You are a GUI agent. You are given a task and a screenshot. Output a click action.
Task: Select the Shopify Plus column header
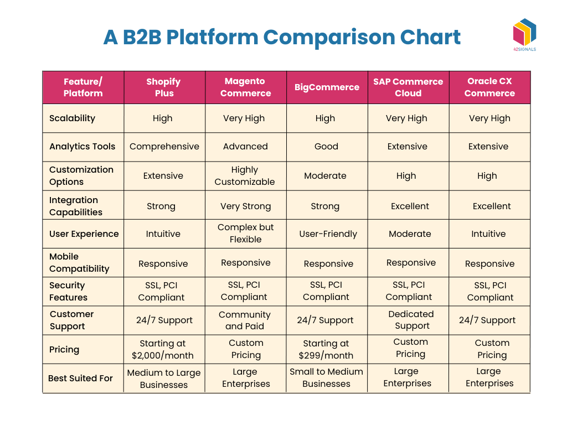(164, 87)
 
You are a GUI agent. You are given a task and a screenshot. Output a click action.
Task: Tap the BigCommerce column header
(327, 87)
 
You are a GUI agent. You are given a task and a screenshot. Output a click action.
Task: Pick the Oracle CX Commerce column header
(489, 87)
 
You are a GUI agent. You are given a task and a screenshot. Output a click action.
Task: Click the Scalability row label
(72, 118)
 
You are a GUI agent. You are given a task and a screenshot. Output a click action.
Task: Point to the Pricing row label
(64, 350)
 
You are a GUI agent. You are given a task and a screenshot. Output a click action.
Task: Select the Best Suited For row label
(80, 379)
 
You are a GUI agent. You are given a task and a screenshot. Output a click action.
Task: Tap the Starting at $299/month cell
(326, 350)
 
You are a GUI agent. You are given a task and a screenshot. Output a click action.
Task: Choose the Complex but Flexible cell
(245, 234)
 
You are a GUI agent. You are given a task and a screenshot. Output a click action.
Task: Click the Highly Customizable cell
(245, 176)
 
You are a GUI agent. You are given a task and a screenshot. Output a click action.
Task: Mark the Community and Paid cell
(245, 320)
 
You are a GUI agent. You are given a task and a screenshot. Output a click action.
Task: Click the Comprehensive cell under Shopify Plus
(164, 147)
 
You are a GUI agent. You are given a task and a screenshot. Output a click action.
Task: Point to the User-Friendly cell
(328, 234)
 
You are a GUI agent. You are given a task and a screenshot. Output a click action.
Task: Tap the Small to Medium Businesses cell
(326, 378)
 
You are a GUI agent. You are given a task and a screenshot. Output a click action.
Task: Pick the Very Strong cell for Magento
(245, 206)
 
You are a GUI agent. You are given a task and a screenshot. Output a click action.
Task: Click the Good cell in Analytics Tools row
(326, 147)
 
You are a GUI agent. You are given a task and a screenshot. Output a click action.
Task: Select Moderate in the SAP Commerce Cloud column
(410, 234)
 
